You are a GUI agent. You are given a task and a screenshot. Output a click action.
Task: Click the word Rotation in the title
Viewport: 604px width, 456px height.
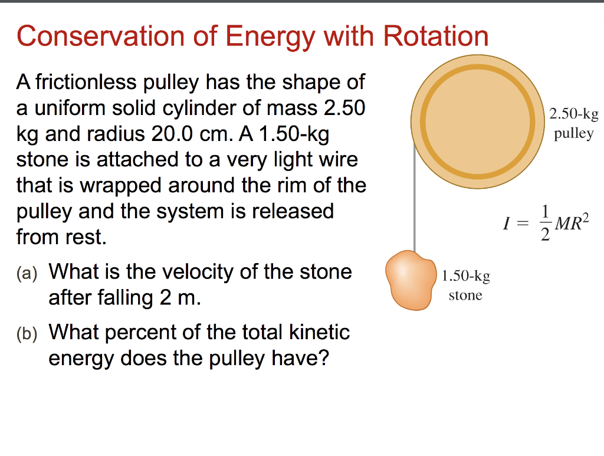tap(436, 37)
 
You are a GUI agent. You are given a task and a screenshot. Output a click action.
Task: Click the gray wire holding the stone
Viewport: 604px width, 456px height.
tap(415, 201)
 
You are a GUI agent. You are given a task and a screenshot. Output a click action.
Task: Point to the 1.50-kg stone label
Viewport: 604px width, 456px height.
tap(465, 285)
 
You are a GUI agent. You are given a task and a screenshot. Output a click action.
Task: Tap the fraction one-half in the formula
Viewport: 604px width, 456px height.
tap(546, 224)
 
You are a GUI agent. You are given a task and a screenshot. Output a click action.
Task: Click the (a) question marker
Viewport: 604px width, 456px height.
tap(27, 273)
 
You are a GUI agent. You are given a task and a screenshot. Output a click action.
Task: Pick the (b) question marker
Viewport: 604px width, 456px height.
tap(27, 334)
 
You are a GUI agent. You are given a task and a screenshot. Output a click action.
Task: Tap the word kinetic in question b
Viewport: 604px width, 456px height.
tap(319, 333)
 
